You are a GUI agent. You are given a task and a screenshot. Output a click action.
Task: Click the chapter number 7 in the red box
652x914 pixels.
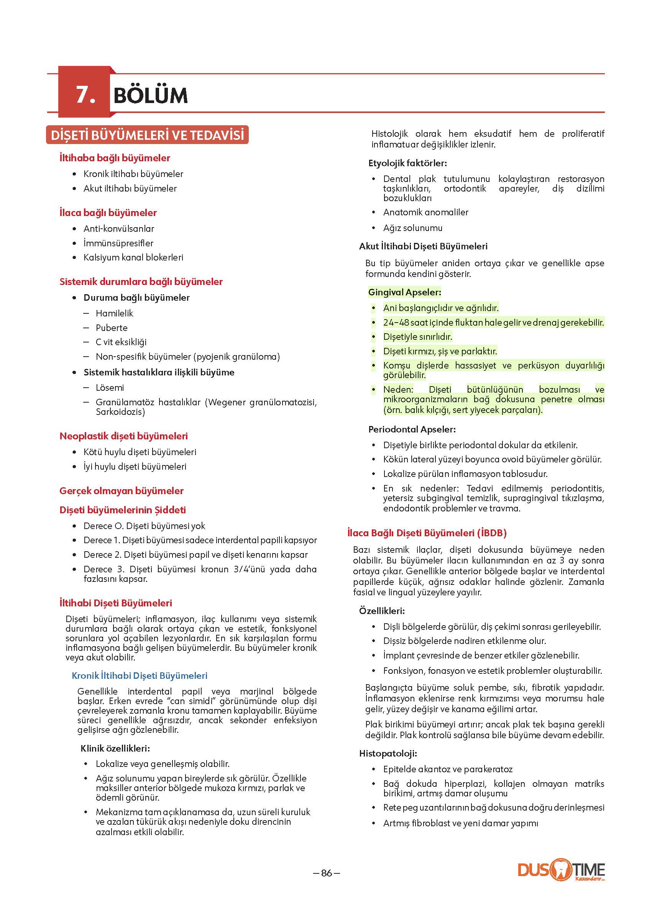pos(85,95)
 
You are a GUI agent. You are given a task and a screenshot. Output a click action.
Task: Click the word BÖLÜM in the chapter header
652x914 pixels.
pos(151,95)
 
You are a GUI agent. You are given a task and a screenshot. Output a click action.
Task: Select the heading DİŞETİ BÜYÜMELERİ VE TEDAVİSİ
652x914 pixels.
pos(147,135)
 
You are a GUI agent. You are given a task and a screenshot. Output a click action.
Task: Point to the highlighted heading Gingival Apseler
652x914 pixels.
pos(404,292)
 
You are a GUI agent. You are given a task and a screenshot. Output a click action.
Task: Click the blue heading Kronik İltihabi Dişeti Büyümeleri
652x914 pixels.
pos(139,676)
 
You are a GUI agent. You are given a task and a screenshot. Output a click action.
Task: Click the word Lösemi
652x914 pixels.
pos(110,388)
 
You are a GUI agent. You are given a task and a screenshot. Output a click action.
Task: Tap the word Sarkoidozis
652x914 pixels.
pos(120,412)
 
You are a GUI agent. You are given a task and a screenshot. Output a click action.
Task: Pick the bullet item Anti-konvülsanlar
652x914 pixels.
pos(118,229)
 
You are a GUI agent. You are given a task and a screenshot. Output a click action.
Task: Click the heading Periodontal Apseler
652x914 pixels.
pos(412,429)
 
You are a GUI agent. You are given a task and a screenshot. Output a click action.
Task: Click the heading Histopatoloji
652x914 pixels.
pos(388,753)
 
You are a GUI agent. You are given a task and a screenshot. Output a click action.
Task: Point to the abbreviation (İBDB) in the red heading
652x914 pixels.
pos(491,533)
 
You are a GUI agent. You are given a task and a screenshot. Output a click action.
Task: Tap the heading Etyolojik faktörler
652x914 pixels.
pos(407,163)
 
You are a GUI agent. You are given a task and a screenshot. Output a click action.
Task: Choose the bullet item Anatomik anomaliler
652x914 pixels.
pos(425,212)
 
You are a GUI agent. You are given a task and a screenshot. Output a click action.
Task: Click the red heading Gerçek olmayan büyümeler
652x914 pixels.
pos(121,491)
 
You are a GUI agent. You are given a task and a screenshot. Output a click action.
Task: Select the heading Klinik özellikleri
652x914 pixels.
pos(115,748)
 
